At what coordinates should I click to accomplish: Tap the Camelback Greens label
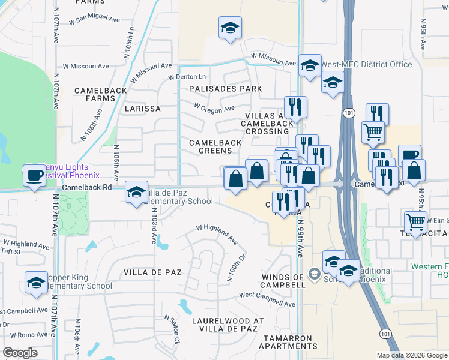215,146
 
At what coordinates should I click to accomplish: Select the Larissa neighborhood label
142,109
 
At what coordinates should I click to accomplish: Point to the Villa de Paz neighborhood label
152,272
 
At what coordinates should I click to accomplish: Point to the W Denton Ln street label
187,77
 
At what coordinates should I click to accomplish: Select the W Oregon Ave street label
214,108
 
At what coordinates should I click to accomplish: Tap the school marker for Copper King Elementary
37,282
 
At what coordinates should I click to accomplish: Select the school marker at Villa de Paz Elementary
137,193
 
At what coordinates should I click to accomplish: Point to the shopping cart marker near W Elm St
415,222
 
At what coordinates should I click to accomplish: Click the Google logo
20,352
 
